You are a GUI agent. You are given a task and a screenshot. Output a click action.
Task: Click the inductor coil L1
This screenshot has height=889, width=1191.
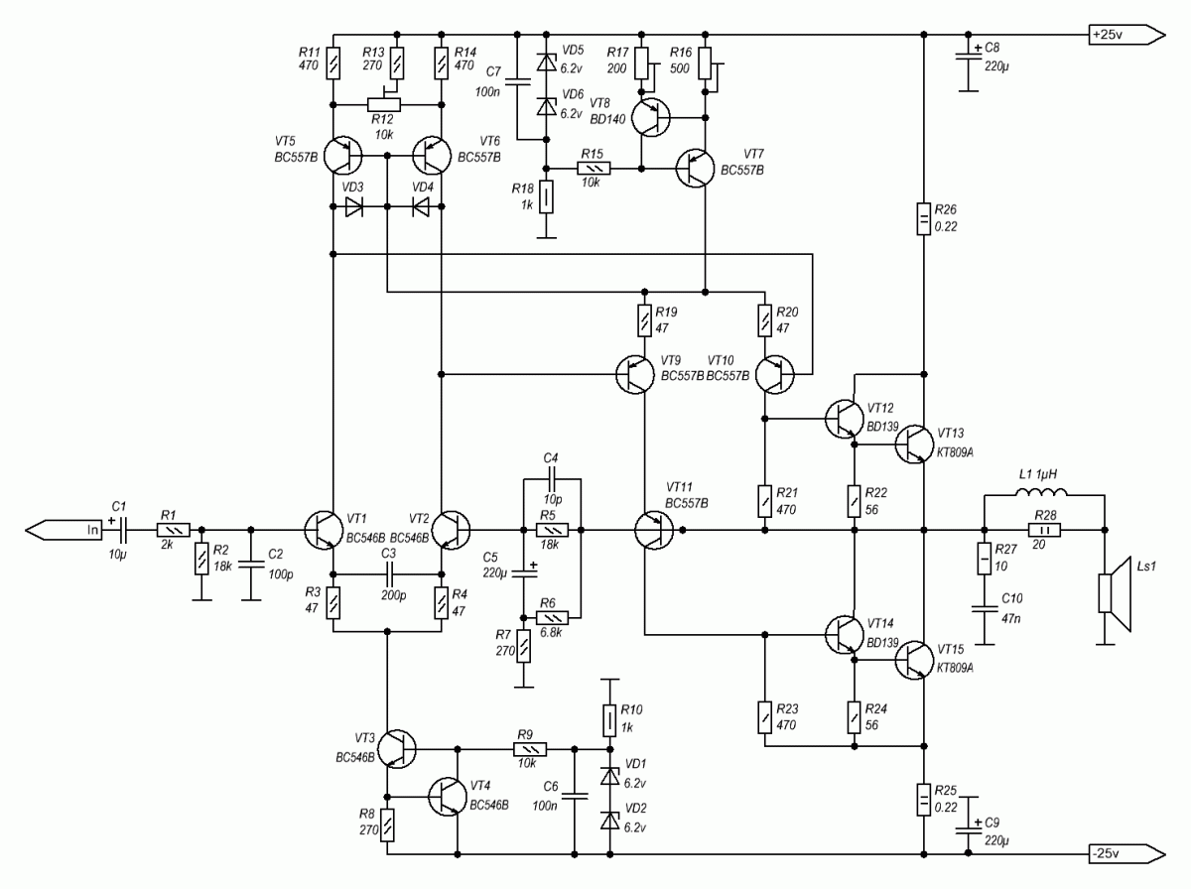point(1043,493)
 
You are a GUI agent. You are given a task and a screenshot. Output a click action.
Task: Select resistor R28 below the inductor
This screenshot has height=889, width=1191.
point(1043,530)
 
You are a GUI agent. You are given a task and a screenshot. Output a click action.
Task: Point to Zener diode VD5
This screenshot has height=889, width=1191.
point(544,62)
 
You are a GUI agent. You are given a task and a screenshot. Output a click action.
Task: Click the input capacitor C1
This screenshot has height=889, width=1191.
point(120,530)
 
